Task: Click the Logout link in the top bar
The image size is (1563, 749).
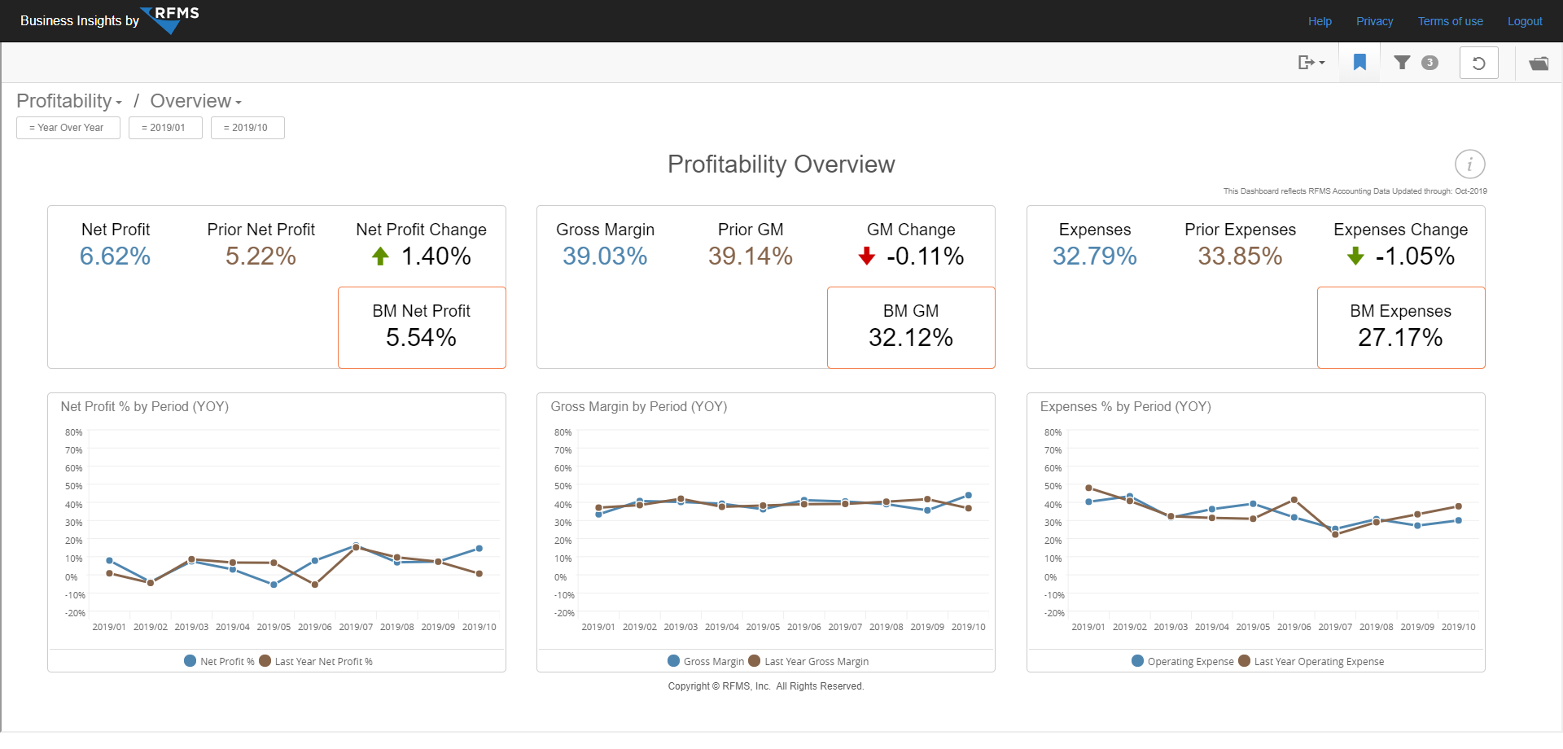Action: click(x=1524, y=21)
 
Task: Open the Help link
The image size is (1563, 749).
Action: click(x=1320, y=21)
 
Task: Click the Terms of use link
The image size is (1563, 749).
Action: click(x=1450, y=21)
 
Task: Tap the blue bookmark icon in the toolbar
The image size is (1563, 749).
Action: click(x=1359, y=63)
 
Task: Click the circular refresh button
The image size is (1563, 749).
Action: click(x=1478, y=63)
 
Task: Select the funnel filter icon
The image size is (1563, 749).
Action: click(x=1402, y=63)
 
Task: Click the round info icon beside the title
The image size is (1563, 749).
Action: click(x=1469, y=164)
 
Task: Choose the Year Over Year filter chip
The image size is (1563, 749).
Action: click(x=68, y=128)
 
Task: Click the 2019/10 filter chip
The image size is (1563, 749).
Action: click(x=247, y=128)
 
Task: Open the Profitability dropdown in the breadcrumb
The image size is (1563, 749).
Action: click(x=69, y=101)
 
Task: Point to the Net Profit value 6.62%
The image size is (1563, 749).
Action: click(x=115, y=256)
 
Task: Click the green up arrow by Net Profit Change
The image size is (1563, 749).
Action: click(x=380, y=256)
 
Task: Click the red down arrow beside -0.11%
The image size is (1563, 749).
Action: click(x=866, y=256)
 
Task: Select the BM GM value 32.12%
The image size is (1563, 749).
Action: click(x=910, y=338)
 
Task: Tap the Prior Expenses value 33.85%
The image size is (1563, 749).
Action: click(x=1239, y=256)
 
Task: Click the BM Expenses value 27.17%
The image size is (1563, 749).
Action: click(x=1399, y=338)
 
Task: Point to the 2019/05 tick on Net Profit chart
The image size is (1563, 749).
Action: click(x=274, y=627)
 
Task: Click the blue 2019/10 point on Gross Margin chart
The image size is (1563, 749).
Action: click(x=968, y=495)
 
